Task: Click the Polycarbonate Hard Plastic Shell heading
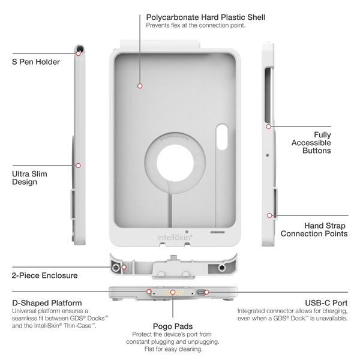[x=205, y=17]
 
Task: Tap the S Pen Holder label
[x=35, y=62]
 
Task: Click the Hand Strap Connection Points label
[x=314, y=229]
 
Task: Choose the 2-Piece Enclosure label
[x=44, y=275]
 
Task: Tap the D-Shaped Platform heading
[x=47, y=303]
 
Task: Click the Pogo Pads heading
[x=173, y=323]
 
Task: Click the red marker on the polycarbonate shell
[x=140, y=86]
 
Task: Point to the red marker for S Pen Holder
[x=78, y=53]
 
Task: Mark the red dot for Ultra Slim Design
[x=78, y=165]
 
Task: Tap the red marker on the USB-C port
[x=206, y=292]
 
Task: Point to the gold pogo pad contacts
[x=173, y=293]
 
